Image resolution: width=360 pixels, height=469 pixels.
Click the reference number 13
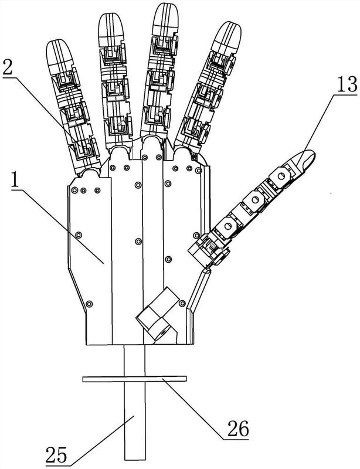tap(347, 84)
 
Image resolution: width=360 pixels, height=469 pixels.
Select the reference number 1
tap(14, 179)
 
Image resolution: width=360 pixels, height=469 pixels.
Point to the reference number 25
tap(56, 456)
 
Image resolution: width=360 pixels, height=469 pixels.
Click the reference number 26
tap(238, 429)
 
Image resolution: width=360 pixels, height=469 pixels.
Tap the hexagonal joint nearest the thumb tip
tap(280, 176)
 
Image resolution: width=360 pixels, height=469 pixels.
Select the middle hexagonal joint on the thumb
tap(255, 200)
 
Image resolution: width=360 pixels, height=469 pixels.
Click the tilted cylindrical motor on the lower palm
tap(157, 314)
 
